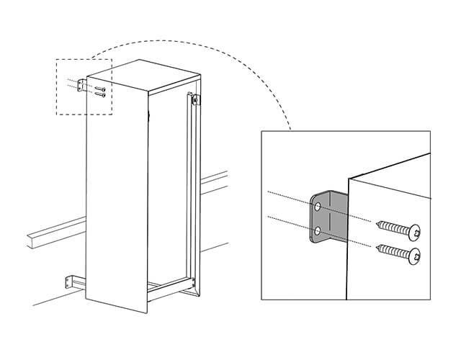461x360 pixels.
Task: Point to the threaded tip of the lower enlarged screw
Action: [x=377, y=248]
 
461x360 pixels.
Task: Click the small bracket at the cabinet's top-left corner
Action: [x=80, y=85]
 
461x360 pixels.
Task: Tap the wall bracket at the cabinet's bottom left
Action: [x=69, y=280]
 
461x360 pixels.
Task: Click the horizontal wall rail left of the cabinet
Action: [x=50, y=233]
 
